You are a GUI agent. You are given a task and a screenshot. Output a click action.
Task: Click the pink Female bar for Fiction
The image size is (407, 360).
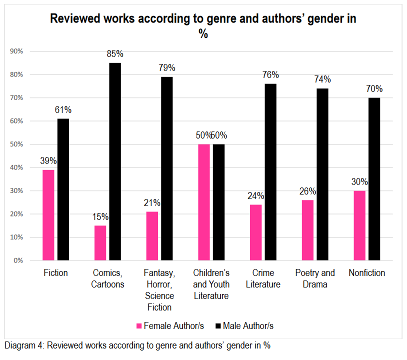point(48,215)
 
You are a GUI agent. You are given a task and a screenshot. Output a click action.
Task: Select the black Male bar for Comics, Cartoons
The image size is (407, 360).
point(115,161)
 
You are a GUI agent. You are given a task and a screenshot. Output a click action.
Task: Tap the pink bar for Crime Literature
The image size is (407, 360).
point(255,232)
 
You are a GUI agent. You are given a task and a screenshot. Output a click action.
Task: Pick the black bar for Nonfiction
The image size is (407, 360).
point(374,179)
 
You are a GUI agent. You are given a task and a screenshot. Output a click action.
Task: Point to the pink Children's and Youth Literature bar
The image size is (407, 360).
point(203,202)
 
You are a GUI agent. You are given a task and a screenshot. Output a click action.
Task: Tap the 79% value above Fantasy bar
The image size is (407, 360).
point(167,68)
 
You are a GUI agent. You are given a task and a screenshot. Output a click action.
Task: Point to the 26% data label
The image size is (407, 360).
point(307,191)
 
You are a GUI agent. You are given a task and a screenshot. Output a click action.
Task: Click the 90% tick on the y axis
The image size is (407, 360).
point(16,51)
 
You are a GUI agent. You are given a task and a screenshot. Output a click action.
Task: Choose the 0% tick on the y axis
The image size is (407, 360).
point(18,260)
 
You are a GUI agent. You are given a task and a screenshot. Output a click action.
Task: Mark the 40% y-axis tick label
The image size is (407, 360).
point(16,167)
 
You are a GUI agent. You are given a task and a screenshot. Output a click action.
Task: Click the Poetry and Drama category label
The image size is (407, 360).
point(314,278)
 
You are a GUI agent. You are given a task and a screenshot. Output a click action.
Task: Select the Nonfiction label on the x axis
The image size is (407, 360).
point(367,273)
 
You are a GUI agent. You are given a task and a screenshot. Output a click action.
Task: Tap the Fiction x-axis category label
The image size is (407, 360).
point(55,273)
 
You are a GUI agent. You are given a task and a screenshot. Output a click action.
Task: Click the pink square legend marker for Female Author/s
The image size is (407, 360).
point(139,326)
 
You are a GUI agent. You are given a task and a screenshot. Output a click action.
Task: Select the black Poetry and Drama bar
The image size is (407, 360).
point(322,174)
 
